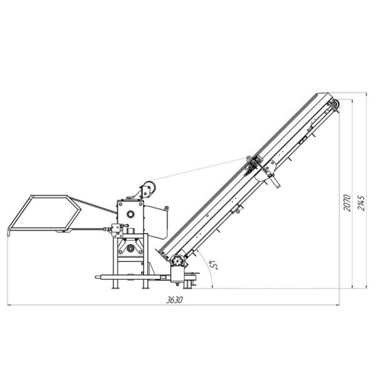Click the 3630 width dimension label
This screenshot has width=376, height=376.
[175, 300]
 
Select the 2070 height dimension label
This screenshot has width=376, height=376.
[347, 203]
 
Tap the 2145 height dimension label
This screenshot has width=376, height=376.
[361, 203]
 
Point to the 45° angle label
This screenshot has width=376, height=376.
[213, 265]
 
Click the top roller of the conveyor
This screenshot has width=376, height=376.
[334, 105]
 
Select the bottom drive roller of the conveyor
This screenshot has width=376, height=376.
[178, 261]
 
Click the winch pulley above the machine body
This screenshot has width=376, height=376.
[149, 189]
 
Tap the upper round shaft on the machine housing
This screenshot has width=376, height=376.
[130, 214]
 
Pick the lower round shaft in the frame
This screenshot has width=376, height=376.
[130, 249]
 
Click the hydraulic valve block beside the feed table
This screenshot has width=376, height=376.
[116, 229]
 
